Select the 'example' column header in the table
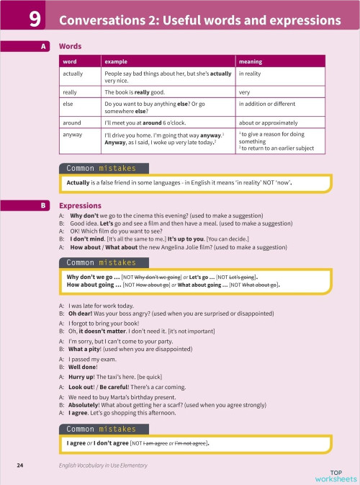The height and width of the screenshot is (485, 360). [x=116, y=62]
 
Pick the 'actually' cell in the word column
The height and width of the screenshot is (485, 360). [x=73, y=74]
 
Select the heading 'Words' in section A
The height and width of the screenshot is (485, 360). [x=70, y=47]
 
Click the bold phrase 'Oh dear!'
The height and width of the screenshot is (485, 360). [x=81, y=314]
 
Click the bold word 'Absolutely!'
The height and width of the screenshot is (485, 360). [x=86, y=406]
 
